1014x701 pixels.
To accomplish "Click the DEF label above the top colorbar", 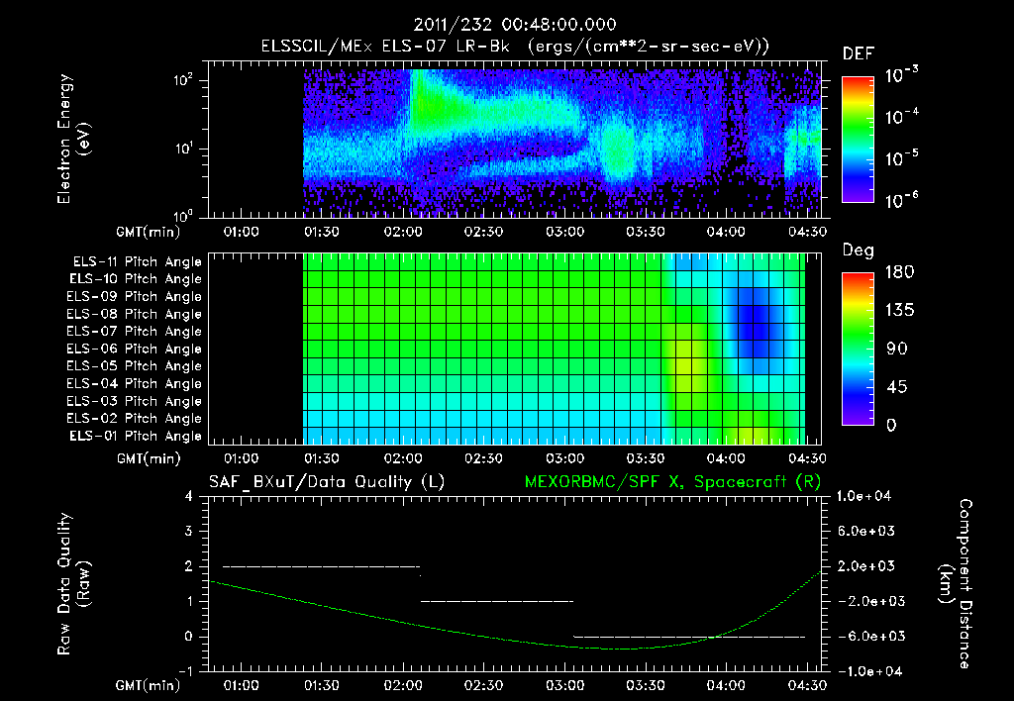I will (858, 53).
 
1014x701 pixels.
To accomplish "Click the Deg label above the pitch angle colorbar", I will (858, 250).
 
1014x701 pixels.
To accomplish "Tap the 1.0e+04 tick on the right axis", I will (866, 496).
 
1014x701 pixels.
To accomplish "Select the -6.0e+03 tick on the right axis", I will (866, 636).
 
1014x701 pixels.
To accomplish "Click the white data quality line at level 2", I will (322, 566).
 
